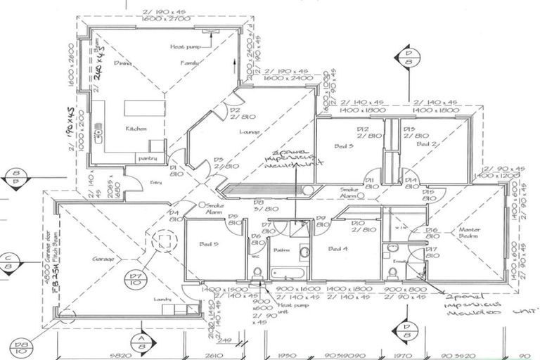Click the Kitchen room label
(x=136, y=129)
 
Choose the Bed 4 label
(x=340, y=249)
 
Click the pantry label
(x=147, y=159)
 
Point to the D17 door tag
(x=432, y=252)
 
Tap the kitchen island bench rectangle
(x=143, y=108)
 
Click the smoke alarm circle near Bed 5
(x=202, y=205)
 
